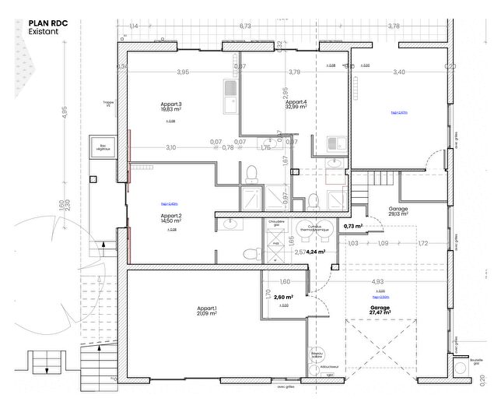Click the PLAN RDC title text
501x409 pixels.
[x=49, y=23]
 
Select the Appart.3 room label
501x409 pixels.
[x=170, y=104]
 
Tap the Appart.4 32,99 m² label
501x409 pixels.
[x=296, y=105]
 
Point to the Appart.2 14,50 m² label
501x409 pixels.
[x=170, y=218]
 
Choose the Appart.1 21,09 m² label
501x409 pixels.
[x=206, y=312]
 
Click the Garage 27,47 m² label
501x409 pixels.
[x=380, y=309]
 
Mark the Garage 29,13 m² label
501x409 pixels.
[x=399, y=211]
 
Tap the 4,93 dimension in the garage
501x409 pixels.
[x=377, y=281]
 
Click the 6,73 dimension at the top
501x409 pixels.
[x=245, y=26]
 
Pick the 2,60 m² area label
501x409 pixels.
[x=282, y=297]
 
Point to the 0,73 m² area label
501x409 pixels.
[x=354, y=226]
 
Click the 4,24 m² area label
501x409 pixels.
[x=315, y=252]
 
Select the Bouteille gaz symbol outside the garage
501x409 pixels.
[x=476, y=362]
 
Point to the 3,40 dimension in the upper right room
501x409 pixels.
[x=399, y=72]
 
